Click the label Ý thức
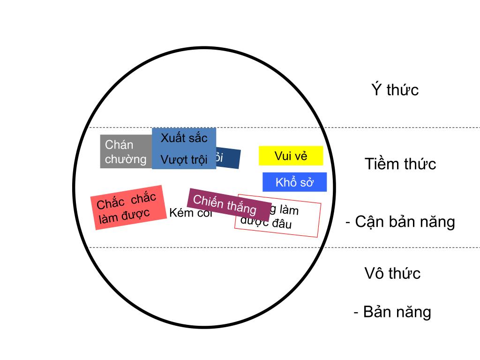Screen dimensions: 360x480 tap(395, 90)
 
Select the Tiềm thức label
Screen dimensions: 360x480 tap(400, 164)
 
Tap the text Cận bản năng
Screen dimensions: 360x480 tap(405, 221)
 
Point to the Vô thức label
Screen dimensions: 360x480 tap(392, 273)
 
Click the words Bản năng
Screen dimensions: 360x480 tap(397, 312)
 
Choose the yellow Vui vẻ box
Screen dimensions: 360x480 tap(291, 156)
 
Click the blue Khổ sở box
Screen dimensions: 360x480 tap(294, 182)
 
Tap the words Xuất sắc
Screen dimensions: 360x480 tap(184, 138)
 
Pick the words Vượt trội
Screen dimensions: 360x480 tap(184, 159)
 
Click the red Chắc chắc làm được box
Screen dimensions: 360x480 tap(128, 207)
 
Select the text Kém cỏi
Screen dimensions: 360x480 tap(190, 214)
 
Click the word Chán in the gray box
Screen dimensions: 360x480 tap(119, 144)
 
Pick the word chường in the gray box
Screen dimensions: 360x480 tap(126, 159)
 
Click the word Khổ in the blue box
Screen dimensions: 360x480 tap(286, 182)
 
